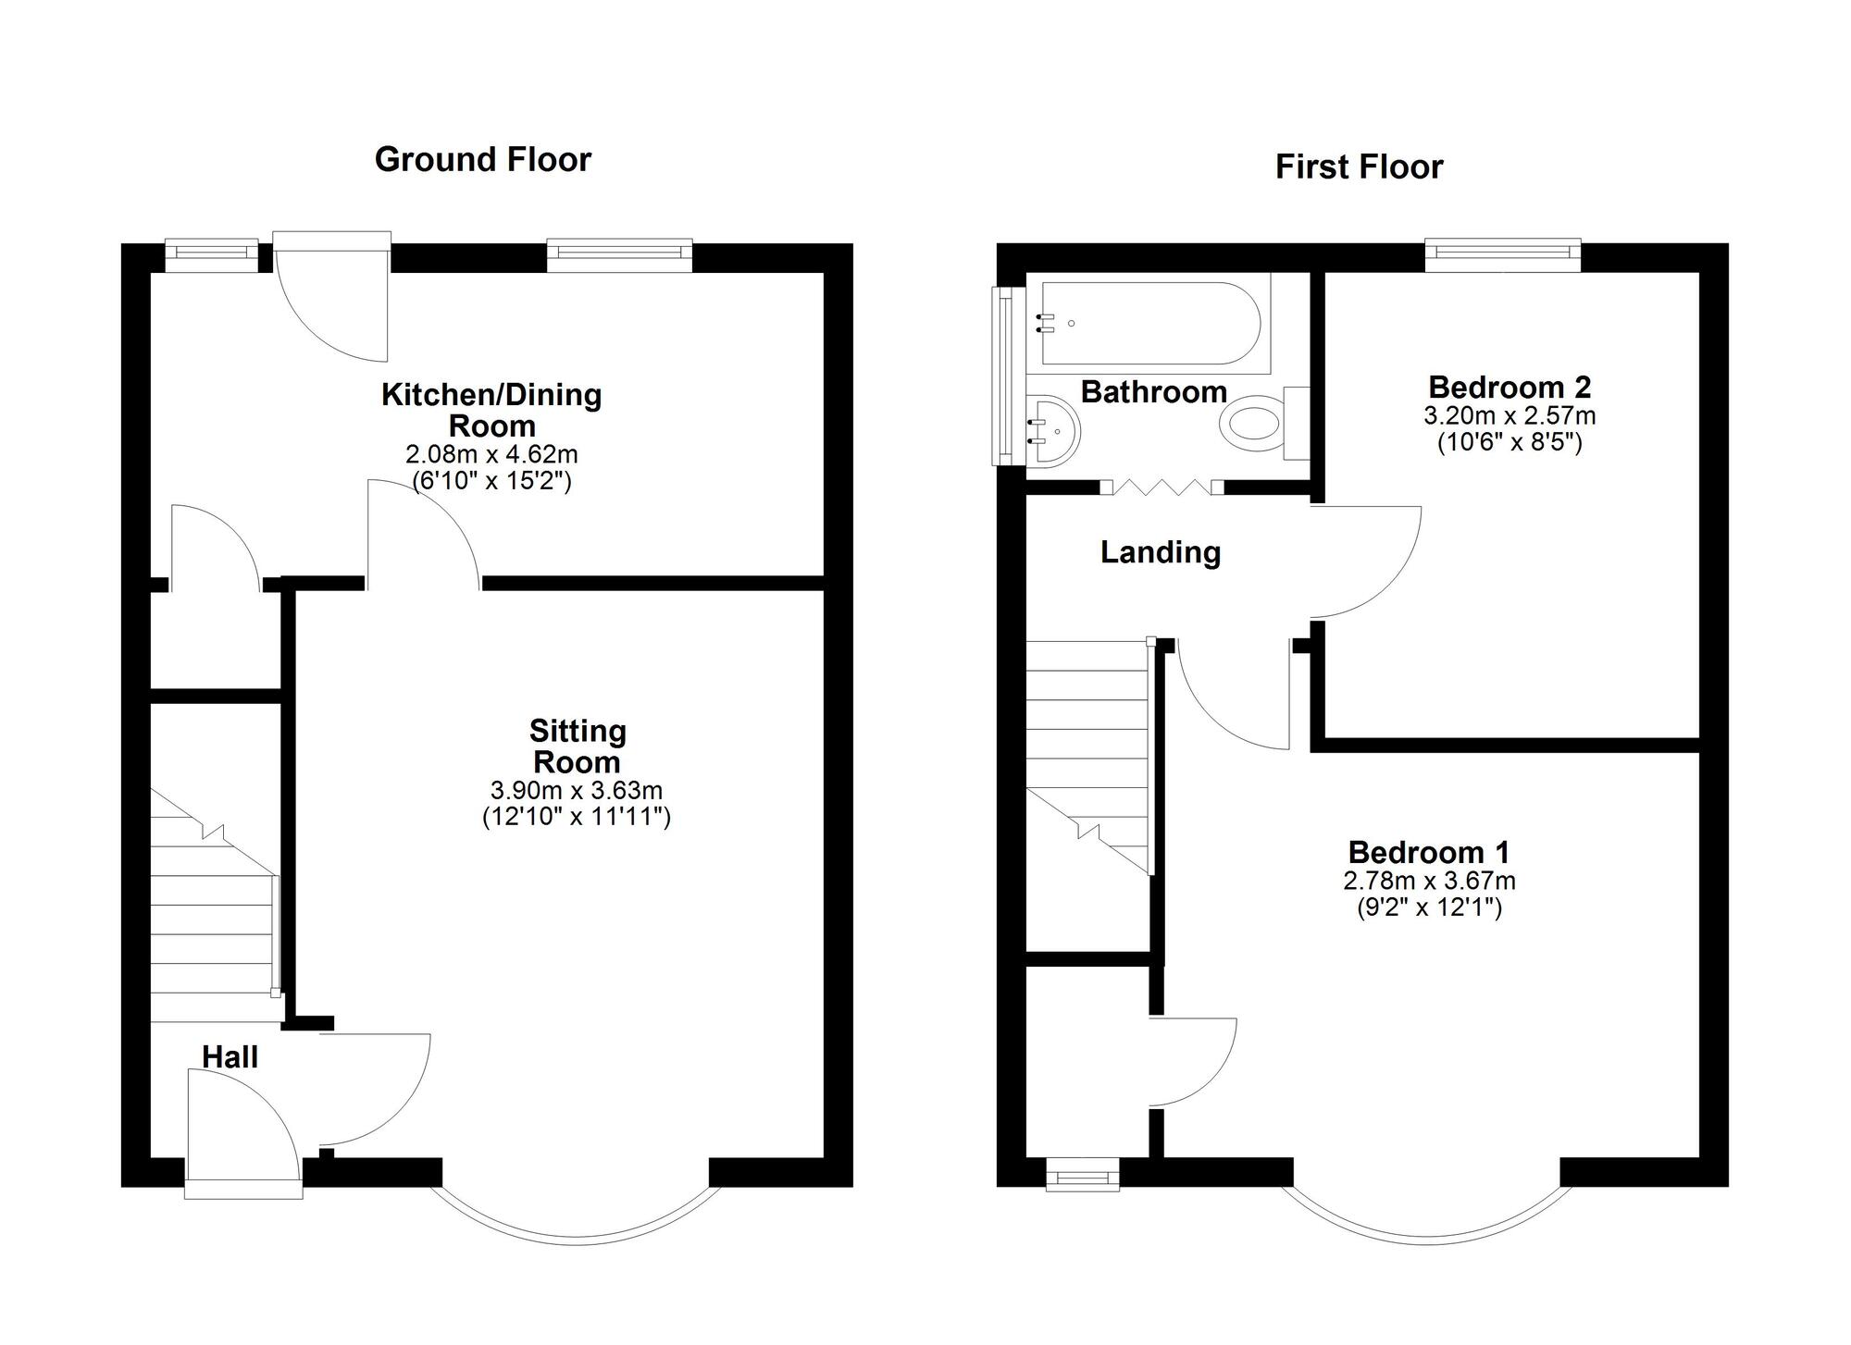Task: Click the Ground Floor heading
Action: point(482,159)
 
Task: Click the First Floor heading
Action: point(1359,167)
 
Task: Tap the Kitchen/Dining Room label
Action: point(491,410)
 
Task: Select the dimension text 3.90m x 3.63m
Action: point(576,791)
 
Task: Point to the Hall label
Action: point(230,1056)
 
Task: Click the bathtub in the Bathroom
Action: point(1150,323)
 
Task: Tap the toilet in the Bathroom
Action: point(1254,425)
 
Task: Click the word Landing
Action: point(1160,552)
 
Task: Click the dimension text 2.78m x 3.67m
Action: point(1429,881)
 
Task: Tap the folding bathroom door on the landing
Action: point(1162,487)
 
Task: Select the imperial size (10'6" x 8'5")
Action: point(1509,442)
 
